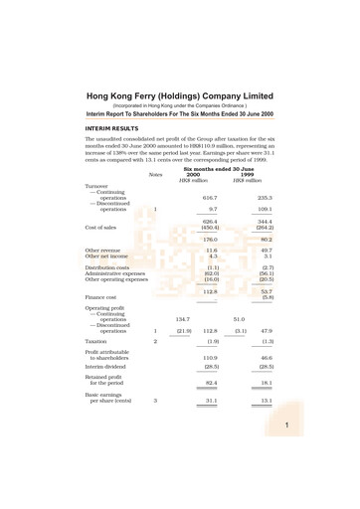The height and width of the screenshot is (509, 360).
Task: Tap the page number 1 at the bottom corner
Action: coord(340,425)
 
